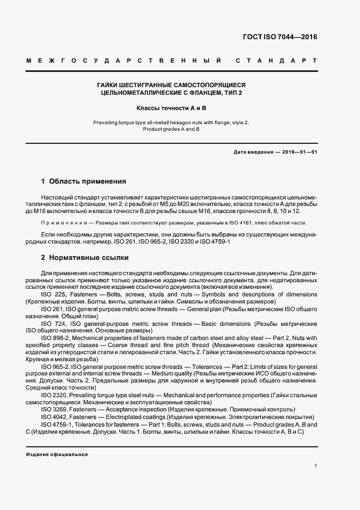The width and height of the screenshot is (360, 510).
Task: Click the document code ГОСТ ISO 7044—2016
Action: click(279, 38)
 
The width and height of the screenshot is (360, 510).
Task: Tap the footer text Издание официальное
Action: click(57, 454)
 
